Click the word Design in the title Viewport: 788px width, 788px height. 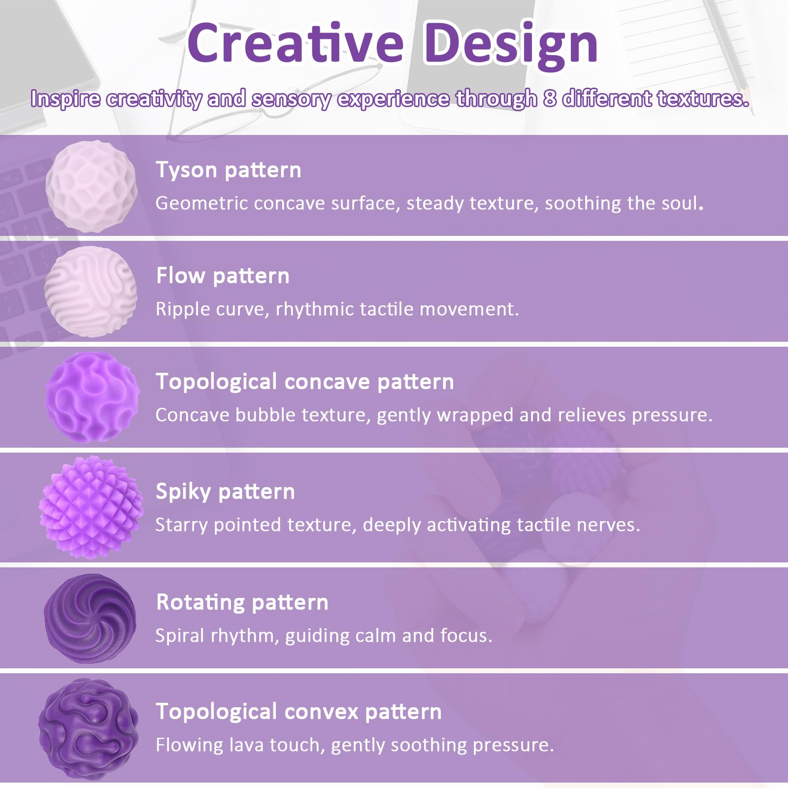pos(511,45)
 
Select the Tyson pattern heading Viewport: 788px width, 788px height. pos(229,170)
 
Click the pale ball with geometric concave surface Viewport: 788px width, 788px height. pos(92,186)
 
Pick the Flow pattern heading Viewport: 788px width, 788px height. pos(223,276)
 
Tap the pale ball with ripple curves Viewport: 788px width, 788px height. pos(91,292)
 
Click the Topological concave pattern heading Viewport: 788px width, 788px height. pos(305,382)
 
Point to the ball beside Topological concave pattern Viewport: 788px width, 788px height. pos(92,397)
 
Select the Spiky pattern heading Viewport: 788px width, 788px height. pos(225,492)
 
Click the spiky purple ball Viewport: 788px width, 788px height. pos(91,507)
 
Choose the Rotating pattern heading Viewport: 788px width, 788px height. pos(242,602)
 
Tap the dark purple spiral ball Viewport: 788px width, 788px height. pos(90,619)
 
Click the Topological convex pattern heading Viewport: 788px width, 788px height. pos(298,712)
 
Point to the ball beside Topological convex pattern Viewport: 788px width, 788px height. pos(89,729)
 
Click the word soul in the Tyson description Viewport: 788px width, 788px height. pos(682,203)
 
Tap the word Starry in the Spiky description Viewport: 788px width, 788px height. pos(182,525)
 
